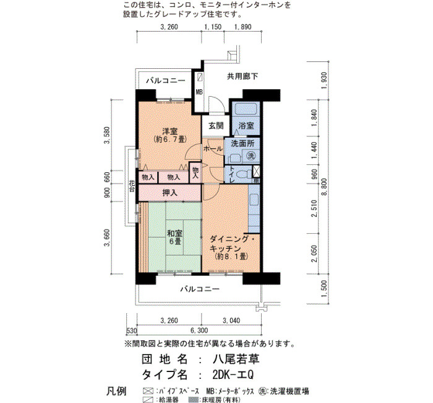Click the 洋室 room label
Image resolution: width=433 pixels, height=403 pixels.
[170, 131]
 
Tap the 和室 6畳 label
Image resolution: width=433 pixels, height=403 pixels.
[175, 237]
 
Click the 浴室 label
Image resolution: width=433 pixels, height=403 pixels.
[246, 126]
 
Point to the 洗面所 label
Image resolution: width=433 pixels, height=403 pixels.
[242, 143]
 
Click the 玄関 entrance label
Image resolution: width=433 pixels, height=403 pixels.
[216, 126]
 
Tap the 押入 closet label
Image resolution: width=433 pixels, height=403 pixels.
[170, 193]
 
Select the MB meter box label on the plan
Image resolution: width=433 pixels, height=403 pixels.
[199, 92]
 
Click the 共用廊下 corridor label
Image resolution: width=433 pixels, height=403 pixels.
[242, 76]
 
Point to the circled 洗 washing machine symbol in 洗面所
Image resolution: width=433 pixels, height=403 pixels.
[251, 156]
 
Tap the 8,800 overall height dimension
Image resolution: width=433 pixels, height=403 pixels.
[324, 187]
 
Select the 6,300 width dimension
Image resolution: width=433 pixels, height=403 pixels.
[199, 330]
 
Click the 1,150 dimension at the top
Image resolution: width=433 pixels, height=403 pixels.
[213, 27]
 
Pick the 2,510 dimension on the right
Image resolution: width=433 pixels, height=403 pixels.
[314, 208]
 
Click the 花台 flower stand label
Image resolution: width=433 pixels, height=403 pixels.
[132, 186]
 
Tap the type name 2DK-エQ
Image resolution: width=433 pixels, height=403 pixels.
[233, 374]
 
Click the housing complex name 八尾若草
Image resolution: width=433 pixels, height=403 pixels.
[236, 359]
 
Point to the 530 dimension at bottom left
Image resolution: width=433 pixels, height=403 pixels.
[132, 330]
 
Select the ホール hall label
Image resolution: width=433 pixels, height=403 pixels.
[213, 149]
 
